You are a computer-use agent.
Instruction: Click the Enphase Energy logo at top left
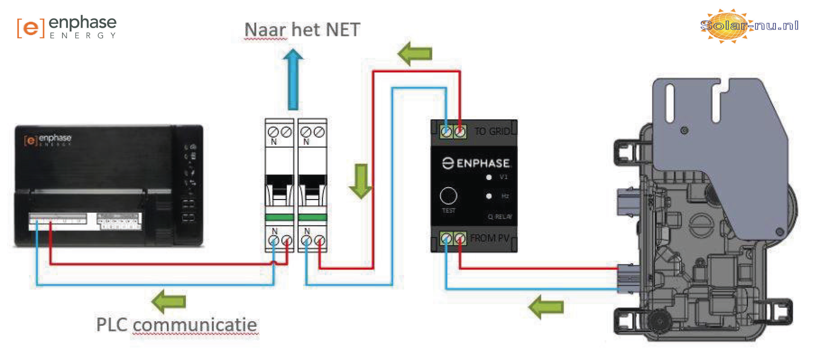(67, 27)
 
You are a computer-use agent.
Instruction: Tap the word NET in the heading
(343, 30)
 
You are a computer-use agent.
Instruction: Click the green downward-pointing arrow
(361, 181)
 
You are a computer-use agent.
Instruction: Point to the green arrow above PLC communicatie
(169, 301)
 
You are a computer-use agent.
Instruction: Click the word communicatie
(195, 325)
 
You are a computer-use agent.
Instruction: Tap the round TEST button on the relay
(448, 196)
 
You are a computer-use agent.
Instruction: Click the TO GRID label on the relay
(492, 131)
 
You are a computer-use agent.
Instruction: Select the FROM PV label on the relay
(490, 238)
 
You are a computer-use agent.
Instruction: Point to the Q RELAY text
(500, 217)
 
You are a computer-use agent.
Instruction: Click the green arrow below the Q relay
(546, 307)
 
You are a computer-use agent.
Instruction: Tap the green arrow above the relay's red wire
(415, 54)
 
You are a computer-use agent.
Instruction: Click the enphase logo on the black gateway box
(48, 139)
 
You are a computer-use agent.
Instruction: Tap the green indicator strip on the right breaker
(313, 217)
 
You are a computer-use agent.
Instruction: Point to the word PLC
(112, 325)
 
